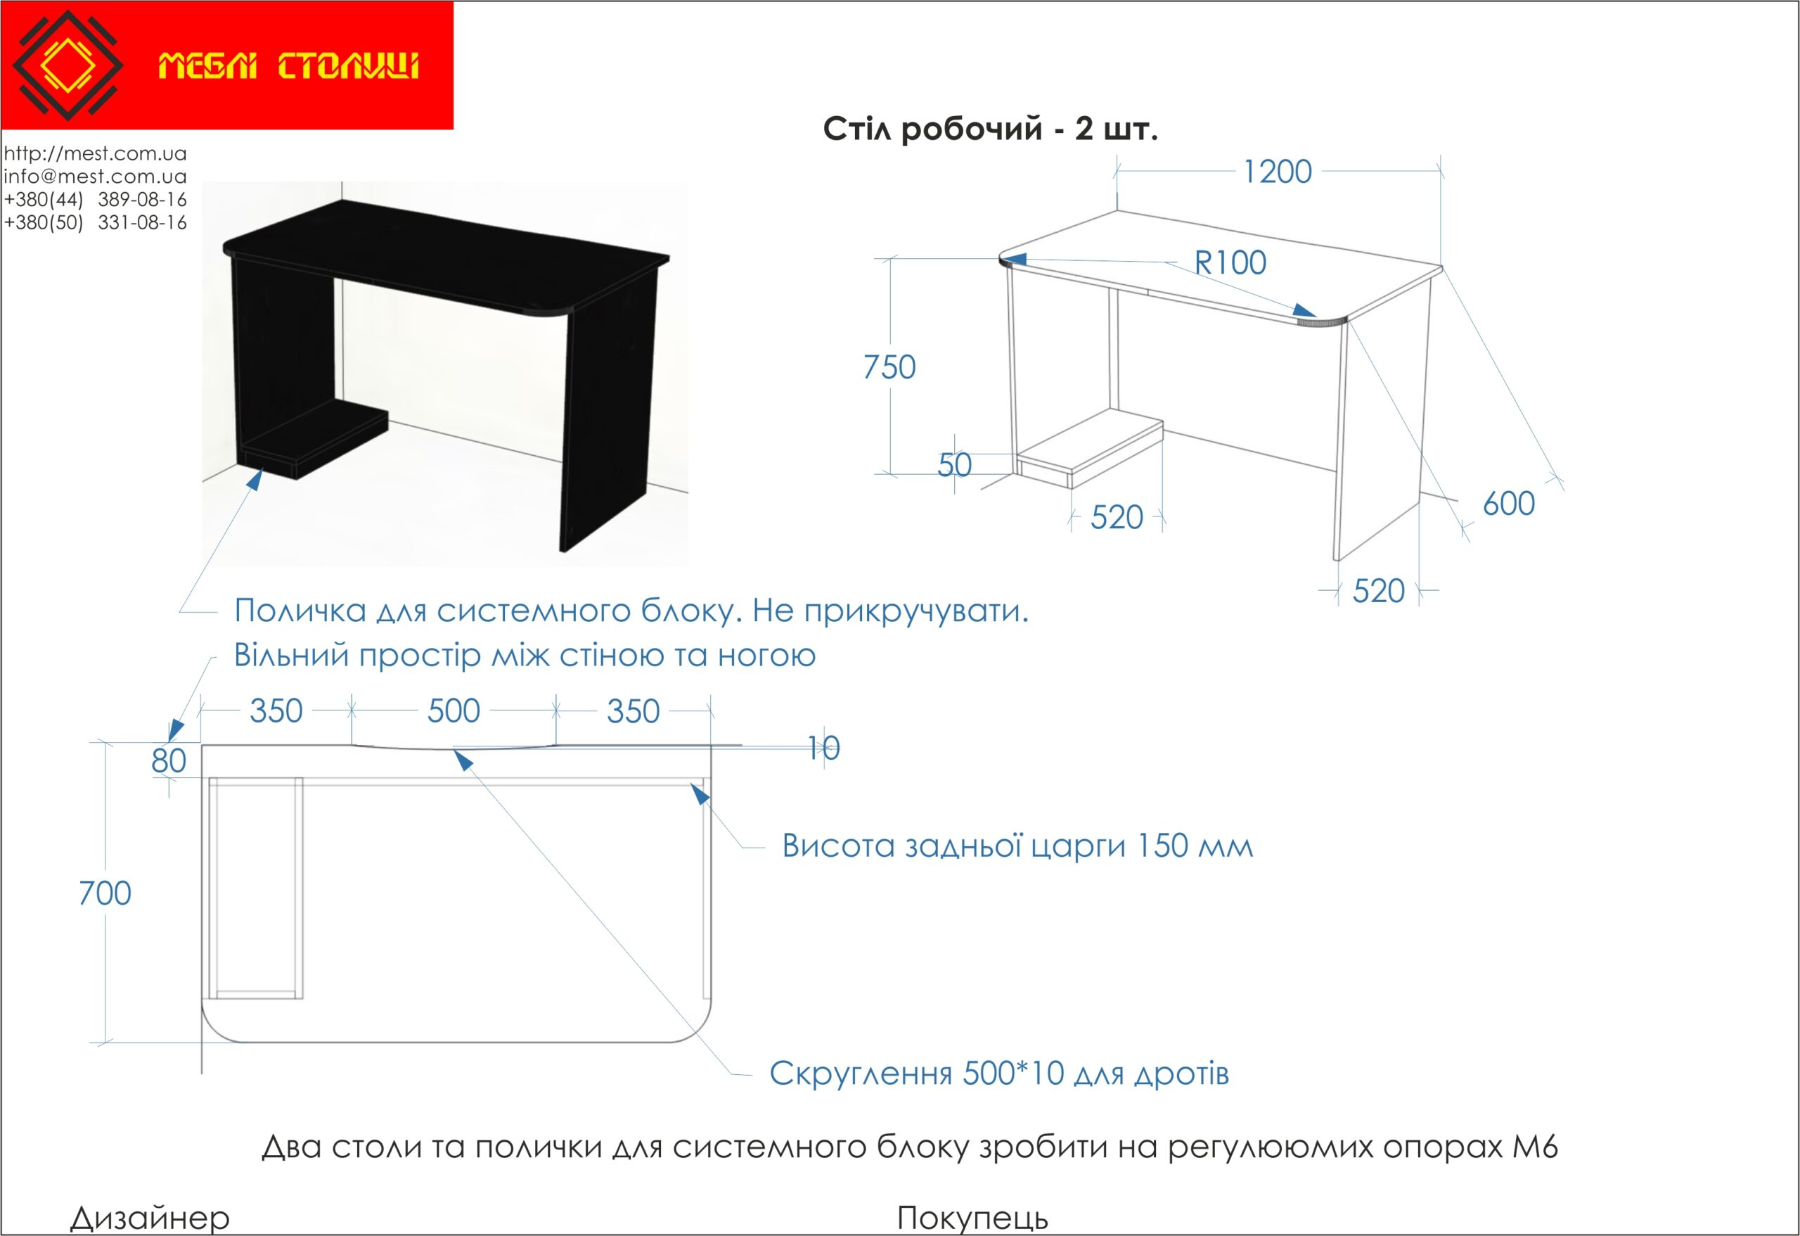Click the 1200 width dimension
click(x=1277, y=172)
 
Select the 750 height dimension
click(x=889, y=367)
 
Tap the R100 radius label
click(x=1230, y=262)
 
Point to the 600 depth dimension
click(x=1509, y=504)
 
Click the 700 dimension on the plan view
click(x=105, y=893)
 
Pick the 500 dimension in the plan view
click(x=454, y=711)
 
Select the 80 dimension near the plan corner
click(x=169, y=761)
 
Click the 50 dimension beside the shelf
click(x=954, y=465)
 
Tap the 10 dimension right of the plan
click(x=823, y=748)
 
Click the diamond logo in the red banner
click(x=68, y=65)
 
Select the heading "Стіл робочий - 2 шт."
click(x=990, y=129)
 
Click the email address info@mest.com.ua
click(x=95, y=177)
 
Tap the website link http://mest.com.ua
click(x=95, y=153)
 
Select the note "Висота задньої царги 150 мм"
click(x=1017, y=846)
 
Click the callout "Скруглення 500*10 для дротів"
click(x=999, y=1074)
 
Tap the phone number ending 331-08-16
click(x=95, y=223)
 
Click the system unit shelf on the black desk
click(x=313, y=440)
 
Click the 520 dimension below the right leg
click(x=1379, y=591)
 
